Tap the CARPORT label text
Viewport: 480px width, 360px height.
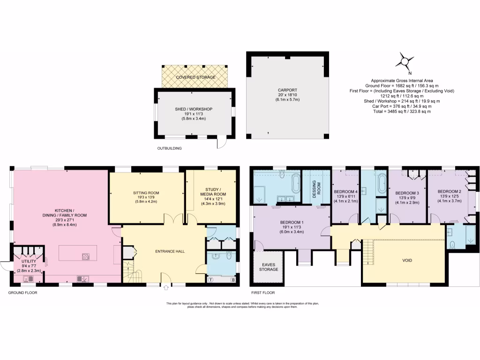287,90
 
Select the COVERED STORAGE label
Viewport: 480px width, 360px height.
196,77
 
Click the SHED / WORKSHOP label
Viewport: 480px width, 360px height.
194,109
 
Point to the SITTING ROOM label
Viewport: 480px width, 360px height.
146,193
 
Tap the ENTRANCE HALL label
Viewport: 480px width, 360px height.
170,251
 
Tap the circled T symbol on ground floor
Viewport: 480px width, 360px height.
211,280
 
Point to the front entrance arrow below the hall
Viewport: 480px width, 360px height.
166,288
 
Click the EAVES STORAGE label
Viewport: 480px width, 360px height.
269,267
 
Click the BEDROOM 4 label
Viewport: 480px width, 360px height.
345,192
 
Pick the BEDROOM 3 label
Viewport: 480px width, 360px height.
407,193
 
